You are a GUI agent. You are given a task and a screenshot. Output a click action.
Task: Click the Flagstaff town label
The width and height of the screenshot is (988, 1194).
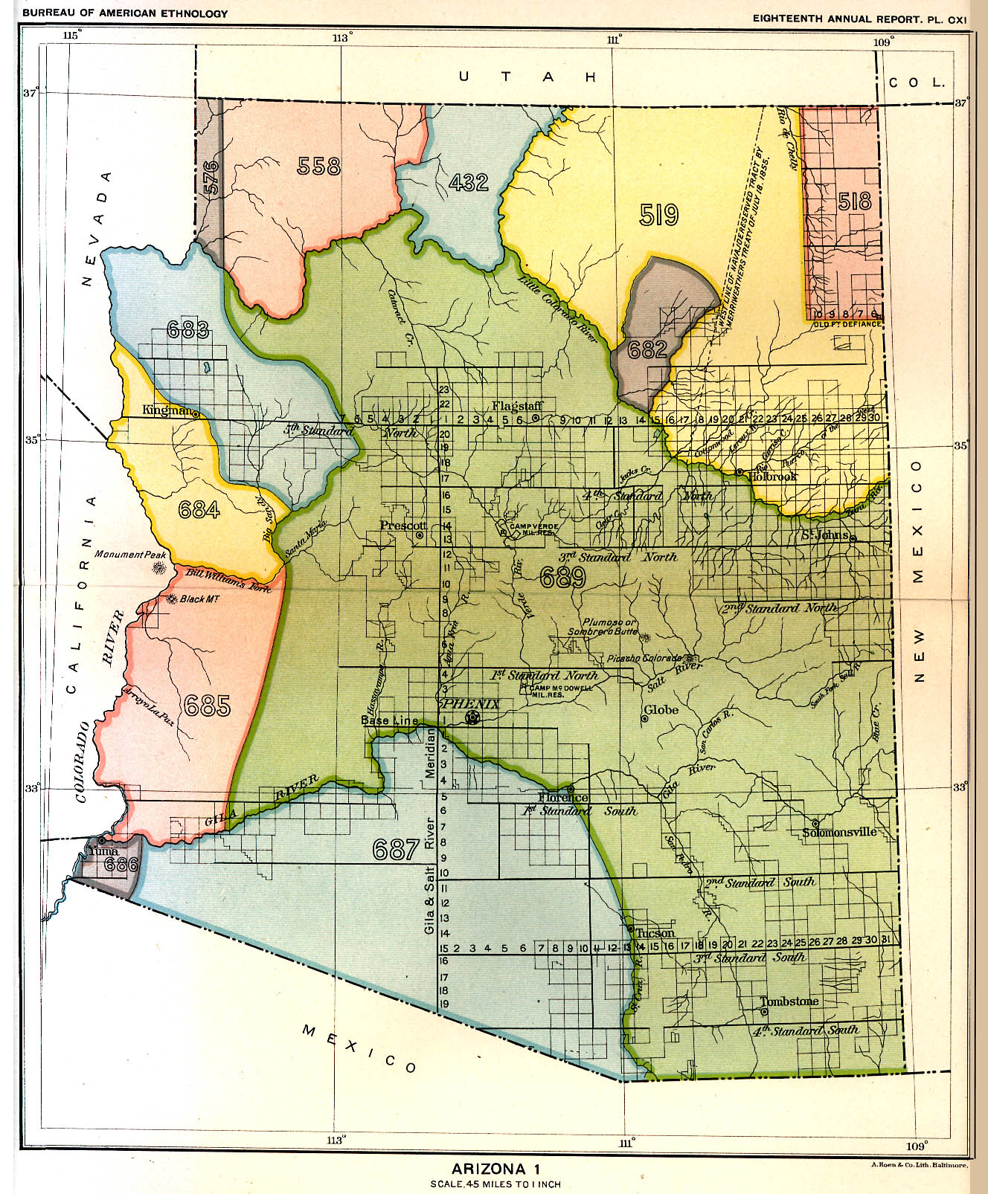coord(516,406)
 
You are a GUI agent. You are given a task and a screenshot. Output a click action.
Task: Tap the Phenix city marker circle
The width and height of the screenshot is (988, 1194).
coord(471,717)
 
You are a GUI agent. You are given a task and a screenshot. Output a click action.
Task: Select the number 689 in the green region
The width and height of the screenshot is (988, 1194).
coord(562,578)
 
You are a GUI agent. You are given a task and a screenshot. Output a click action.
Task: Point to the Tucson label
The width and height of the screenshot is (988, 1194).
coord(655,933)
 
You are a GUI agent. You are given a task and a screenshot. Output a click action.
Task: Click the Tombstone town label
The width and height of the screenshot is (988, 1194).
coord(789,1001)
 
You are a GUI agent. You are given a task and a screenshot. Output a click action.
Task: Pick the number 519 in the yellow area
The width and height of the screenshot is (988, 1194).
coord(658,215)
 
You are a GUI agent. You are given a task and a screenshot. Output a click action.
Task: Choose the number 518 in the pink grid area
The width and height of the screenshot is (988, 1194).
coord(853,201)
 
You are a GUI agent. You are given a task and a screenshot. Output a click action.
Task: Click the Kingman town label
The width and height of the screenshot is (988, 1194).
coord(167,410)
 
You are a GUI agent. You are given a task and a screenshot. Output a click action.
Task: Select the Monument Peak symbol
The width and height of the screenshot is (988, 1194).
coord(158,569)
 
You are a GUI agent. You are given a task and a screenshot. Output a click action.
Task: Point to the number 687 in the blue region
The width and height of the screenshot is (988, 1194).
coord(395,849)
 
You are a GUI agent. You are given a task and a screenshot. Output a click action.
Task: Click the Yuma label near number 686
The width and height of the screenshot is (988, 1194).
coord(103,851)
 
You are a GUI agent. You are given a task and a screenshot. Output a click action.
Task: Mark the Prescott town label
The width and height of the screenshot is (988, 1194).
coord(397,526)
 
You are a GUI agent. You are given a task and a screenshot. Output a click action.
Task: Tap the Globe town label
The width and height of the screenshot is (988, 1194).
coord(661,710)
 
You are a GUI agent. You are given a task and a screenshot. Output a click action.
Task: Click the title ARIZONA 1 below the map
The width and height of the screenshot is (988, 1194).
coord(495,1169)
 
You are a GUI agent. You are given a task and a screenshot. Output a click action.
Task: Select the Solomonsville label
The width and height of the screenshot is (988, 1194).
coord(839,832)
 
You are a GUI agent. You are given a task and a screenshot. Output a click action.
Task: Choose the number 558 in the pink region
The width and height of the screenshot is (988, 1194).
coord(318,167)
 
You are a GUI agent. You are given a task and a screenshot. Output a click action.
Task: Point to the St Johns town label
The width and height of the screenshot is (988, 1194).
coord(826,535)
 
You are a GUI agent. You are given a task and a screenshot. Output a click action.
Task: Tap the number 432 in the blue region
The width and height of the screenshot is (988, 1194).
coord(469,182)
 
